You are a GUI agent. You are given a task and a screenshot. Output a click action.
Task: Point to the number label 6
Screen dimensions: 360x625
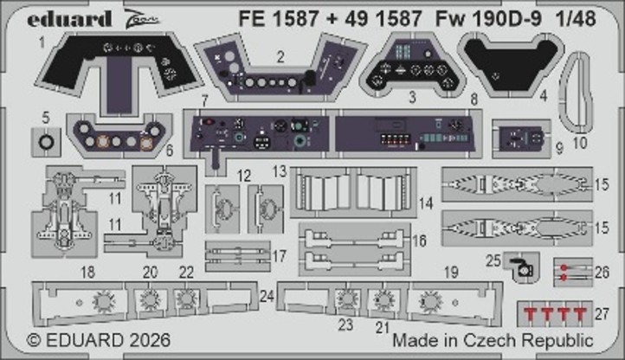168,150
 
